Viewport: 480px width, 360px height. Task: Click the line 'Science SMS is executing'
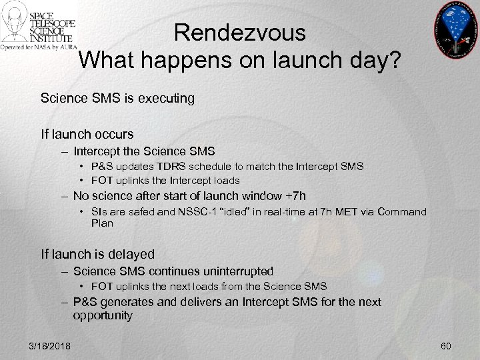(117, 99)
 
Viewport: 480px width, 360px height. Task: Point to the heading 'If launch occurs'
(87, 134)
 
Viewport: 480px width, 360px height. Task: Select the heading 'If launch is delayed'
(97, 254)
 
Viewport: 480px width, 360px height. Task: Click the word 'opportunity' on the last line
(103, 315)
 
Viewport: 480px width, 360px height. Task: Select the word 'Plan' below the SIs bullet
(102, 223)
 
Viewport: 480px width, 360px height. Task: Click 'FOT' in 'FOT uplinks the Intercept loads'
(102, 180)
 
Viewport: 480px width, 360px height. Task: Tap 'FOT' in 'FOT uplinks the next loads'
(102, 287)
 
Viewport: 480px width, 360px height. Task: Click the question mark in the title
(394, 61)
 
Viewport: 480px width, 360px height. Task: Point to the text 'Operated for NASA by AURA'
(39, 49)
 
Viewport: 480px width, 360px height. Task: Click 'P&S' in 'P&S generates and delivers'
(85, 302)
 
